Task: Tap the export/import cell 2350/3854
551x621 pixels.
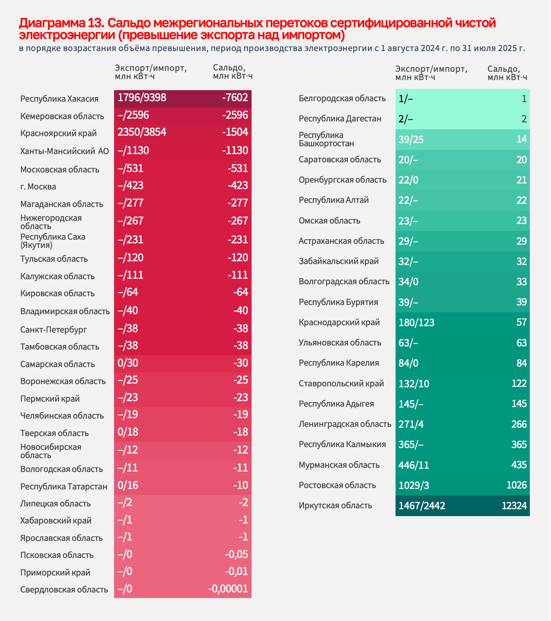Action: click(142, 132)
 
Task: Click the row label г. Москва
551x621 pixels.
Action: click(38, 187)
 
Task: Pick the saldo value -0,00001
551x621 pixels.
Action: click(228, 589)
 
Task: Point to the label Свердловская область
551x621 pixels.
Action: click(64, 590)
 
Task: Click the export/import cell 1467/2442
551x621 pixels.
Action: click(422, 506)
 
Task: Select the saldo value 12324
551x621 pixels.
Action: click(514, 506)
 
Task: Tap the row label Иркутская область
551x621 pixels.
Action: click(335, 506)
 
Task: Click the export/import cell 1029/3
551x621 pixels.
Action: click(414, 485)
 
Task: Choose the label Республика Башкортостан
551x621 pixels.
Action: click(326, 139)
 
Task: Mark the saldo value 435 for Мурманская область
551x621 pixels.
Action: click(519, 465)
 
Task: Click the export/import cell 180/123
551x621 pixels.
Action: click(416, 322)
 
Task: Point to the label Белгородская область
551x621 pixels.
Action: click(342, 98)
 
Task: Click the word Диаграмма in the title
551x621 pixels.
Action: click(51, 23)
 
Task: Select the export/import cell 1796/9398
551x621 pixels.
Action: click(142, 98)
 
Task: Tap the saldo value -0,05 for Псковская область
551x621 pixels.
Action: click(236, 555)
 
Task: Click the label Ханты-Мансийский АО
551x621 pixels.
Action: click(64, 151)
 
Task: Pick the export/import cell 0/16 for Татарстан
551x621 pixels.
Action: click(128, 486)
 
